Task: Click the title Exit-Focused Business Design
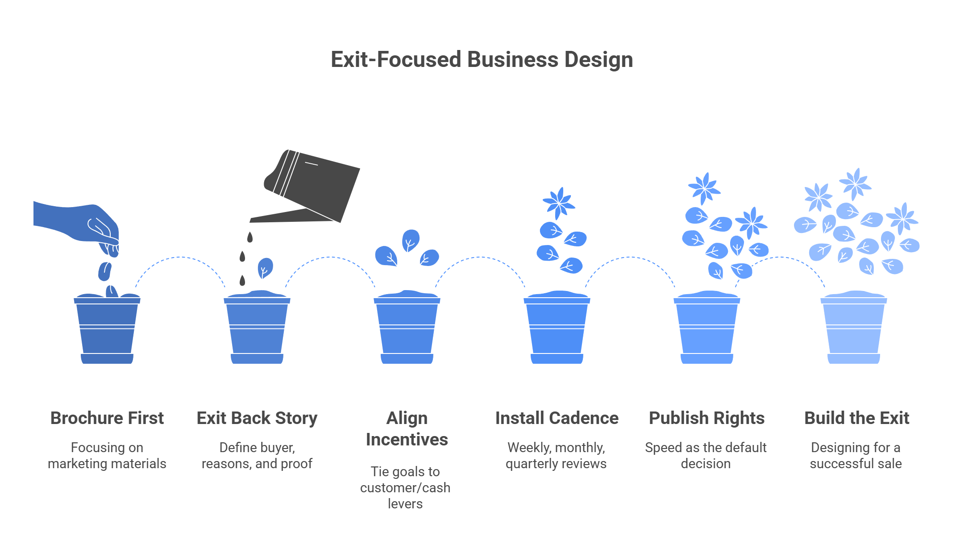[x=482, y=60]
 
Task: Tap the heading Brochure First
[x=107, y=418]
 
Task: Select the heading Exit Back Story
[x=257, y=418]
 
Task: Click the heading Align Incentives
[x=407, y=429]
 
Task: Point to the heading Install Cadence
[x=557, y=418]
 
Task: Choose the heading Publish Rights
[x=707, y=418]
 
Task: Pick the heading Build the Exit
[x=857, y=418]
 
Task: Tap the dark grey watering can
[x=305, y=187]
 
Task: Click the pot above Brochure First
[x=107, y=328]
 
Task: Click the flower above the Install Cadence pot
[x=559, y=203]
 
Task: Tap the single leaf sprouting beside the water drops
[x=265, y=268]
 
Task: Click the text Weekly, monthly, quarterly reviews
[x=556, y=456]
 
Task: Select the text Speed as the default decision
[x=706, y=456]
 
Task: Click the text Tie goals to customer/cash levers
[x=405, y=488]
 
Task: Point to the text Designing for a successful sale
[x=856, y=456]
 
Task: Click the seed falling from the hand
[x=104, y=271]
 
